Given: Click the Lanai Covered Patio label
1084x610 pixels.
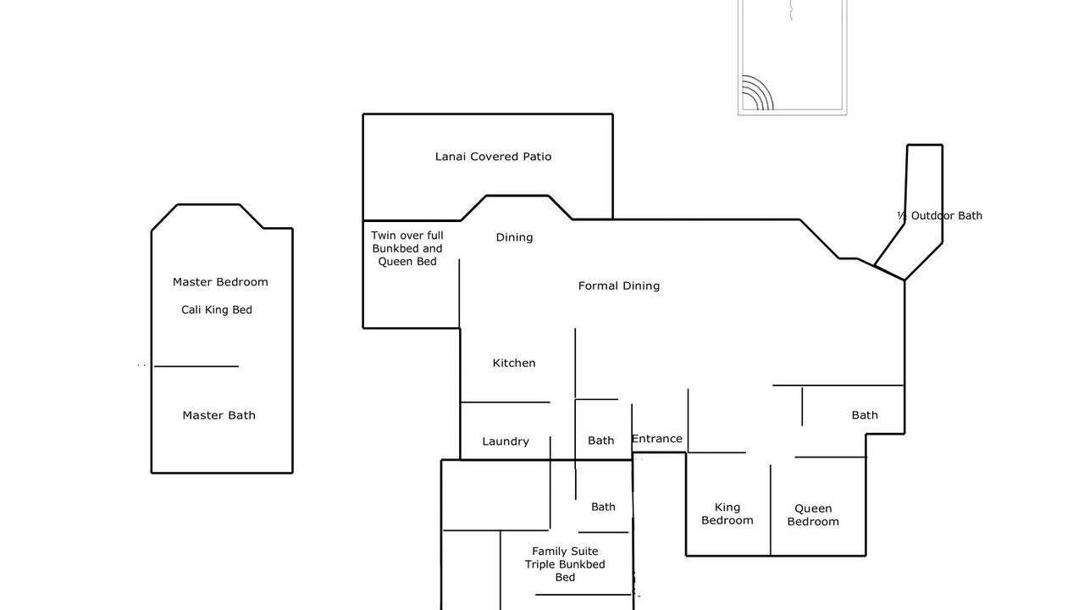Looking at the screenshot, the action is [x=493, y=157].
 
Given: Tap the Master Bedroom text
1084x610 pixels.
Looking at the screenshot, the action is [x=220, y=282].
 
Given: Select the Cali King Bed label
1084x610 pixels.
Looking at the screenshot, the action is [x=217, y=310].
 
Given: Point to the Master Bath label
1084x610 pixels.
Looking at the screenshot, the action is [x=218, y=415].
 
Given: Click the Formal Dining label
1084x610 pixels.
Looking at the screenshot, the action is [x=619, y=286].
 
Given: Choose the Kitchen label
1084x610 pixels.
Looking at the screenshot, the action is [x=514, y=363].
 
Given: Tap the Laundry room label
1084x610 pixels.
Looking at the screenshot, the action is [x=506, y=441].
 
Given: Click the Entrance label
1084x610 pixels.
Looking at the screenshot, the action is [x=656, y=439].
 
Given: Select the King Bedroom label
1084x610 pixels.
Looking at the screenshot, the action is [x=727, y=513].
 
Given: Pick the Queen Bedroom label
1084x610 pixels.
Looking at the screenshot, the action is [x=813, y=515].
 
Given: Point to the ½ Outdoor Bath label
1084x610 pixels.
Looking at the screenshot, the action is [x=940, y=215].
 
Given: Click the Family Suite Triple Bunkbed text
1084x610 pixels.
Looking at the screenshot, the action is [x=565, y=557].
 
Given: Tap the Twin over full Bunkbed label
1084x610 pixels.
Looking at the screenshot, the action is [x=407, y=242].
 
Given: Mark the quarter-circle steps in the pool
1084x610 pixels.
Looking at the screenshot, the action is [x=758, y=92].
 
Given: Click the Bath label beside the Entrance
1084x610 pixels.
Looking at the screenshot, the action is [x=601, y=441].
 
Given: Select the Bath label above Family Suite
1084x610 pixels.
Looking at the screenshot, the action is [x=604, y=507].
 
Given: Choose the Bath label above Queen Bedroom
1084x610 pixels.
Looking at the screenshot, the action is [x=865, y=415].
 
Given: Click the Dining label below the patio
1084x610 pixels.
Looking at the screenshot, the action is [x=514, y=237].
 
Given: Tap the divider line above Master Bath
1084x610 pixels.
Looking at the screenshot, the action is [x=196, y=367].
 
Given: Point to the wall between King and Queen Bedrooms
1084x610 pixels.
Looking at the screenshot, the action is [x=771, y=510].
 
